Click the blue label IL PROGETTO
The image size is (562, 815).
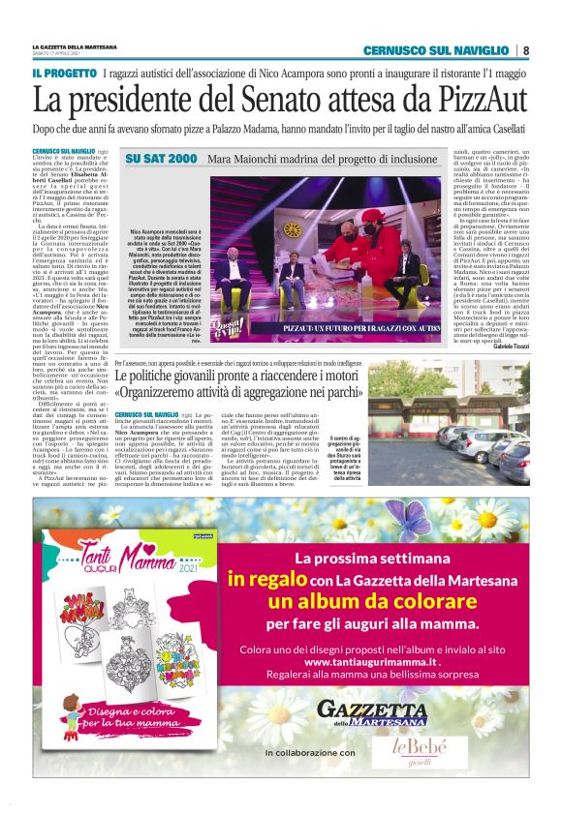(63, 74)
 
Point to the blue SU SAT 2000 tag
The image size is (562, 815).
(162, 158)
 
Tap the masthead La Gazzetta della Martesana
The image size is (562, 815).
(78, 45)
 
